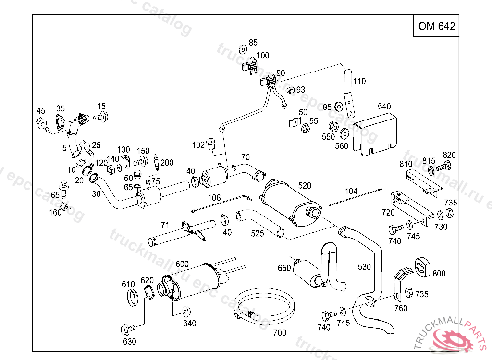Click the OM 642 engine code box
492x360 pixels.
[436, 26]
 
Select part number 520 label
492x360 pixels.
[305, 186]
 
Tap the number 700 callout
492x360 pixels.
[279, 332]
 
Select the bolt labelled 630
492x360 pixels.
[128, 330]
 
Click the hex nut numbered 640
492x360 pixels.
[186, 311]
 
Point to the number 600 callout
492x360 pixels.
[182, 264]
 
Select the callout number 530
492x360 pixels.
[365, 267]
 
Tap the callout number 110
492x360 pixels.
[359, 81]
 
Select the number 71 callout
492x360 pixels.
[165, 225]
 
